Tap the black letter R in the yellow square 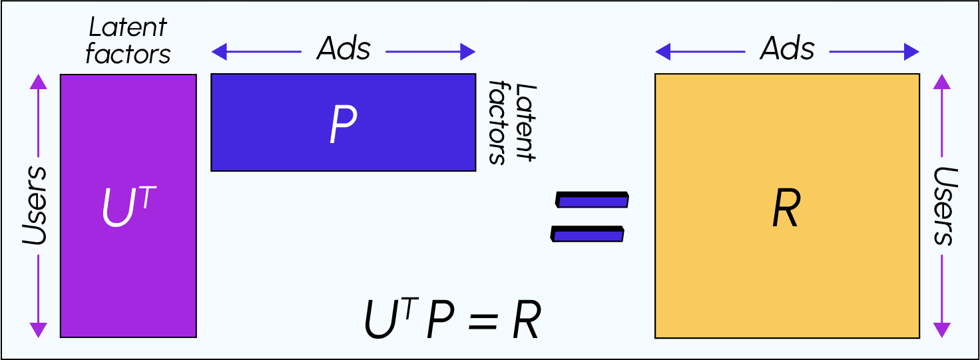pos(786,211)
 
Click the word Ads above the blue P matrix pos(344,49)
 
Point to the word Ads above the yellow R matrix pos(788,49)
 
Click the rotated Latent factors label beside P pos(513,122)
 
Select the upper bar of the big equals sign pos(592,199)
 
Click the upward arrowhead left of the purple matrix pos(39,81)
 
